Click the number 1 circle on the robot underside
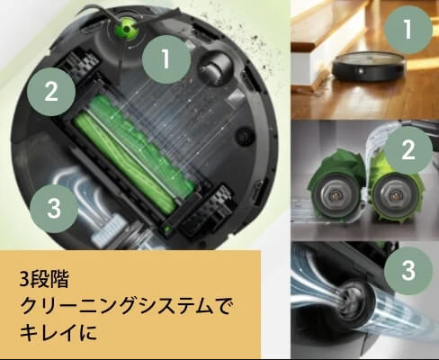(166, 60)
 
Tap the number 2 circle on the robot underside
(52, 91)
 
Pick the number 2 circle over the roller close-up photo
(408, 150)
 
